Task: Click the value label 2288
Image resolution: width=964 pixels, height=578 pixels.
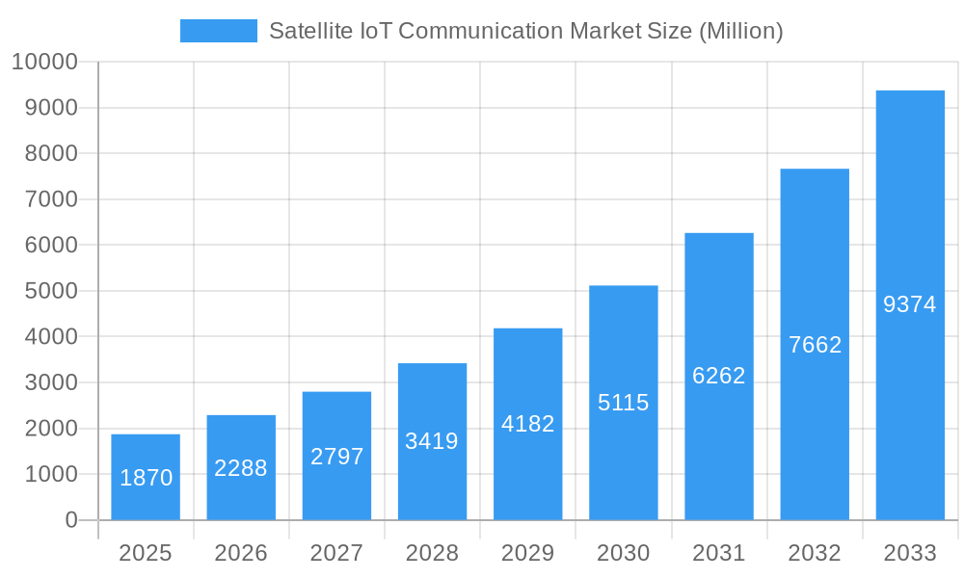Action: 241,468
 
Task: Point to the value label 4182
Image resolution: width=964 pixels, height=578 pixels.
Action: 528,424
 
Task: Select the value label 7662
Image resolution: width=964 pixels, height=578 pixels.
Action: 815,345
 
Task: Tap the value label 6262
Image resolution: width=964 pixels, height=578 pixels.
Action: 719,376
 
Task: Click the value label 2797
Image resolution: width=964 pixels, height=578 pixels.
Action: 336,457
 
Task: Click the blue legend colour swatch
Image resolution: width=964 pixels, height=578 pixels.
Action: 219,31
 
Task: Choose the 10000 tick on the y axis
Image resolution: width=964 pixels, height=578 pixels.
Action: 43,63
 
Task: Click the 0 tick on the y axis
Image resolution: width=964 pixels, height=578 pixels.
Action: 71,520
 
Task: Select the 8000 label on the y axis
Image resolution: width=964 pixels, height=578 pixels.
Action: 50,154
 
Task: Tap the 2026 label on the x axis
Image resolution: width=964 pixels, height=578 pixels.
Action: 241,553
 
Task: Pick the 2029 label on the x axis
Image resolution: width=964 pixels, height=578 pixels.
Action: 528,553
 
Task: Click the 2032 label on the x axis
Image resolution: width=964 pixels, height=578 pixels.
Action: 815,553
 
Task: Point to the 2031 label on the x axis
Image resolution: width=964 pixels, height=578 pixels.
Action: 719,553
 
